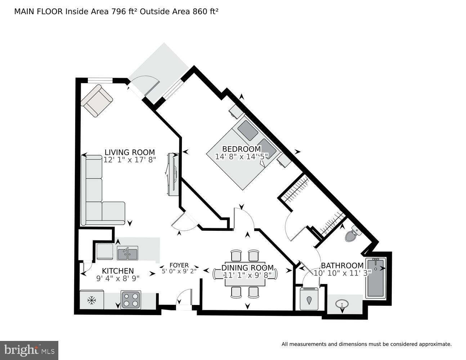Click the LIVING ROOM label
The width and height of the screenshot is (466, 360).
[x=130, y=152]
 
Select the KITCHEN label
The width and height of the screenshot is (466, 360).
[x=118, y=271]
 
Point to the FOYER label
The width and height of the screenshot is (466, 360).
[x=179, y=265]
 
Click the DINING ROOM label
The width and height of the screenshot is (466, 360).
[x=247, y=268]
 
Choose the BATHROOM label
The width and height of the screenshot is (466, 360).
[x=342, y=266]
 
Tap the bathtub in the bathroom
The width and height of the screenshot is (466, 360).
[x=376, y=278]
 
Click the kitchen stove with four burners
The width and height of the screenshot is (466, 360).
[x=130, y=300]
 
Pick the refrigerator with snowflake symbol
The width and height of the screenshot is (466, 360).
[x=91, y=300]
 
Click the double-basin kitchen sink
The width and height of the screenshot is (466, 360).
[x=127, y=253]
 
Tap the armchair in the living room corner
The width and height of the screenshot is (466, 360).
[x=97, y=100]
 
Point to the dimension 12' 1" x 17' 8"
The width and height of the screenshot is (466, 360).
[x=130, y=160]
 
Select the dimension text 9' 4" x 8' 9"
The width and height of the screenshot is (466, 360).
[x=118, y=278]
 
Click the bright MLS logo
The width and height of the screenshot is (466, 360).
[x=29, y=350]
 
